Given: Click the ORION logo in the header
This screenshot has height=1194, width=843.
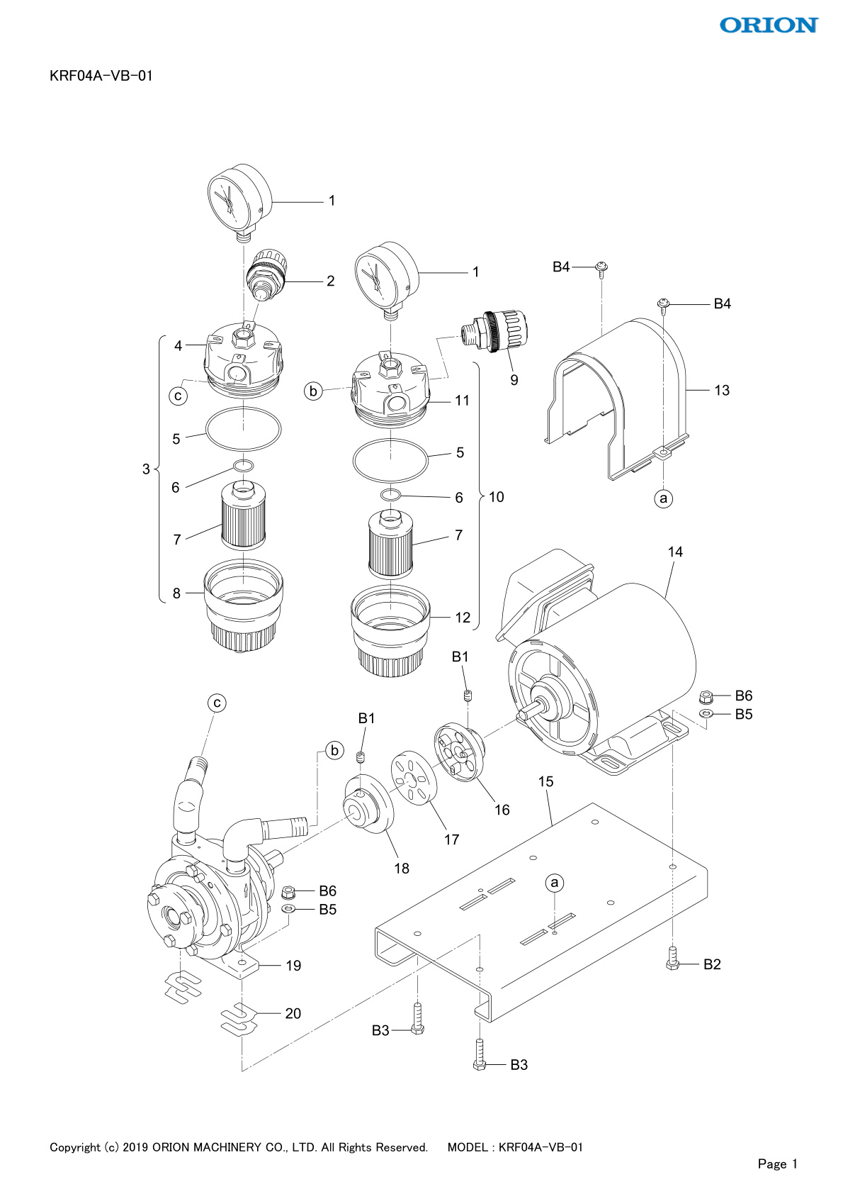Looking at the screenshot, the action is pyautogui.click(x=769, y=25).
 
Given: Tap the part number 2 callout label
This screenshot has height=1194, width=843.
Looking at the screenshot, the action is pyautogui.click(x=331, y=281).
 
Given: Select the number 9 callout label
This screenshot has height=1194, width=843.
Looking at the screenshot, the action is pyautogui.click(x=514, y=380).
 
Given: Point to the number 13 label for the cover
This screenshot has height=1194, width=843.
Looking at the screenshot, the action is pyautogui.click(x=722, y=390).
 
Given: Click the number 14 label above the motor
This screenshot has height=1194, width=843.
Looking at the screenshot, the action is pyautogui.click(x=674, y=552).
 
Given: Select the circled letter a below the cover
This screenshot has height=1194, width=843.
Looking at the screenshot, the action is pyautogui.click(x=663, y=498).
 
